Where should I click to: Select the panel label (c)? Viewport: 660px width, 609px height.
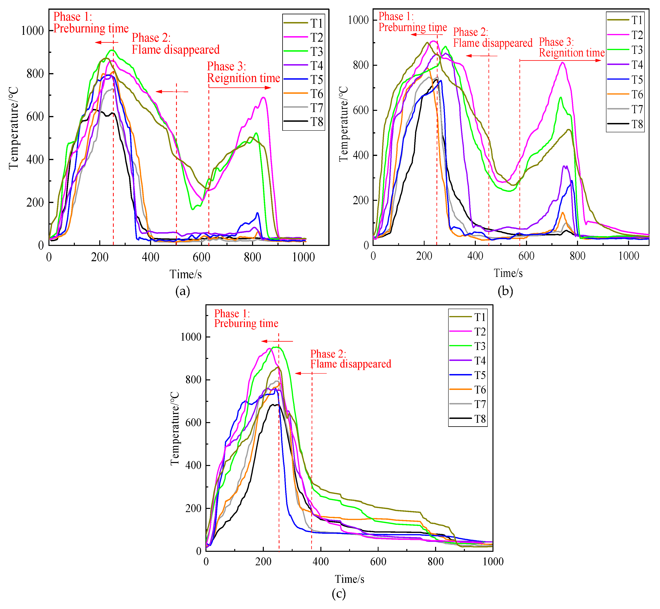(x=339, y=594)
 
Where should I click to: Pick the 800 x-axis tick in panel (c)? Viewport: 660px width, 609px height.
(x=435, y=562)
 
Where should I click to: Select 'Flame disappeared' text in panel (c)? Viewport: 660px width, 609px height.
(x=351, y=364)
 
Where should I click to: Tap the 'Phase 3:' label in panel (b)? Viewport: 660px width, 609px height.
(x=556, y=42)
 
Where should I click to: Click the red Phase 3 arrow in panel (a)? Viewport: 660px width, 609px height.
(x=240, y=88)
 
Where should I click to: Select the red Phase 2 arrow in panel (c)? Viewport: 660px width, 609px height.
(x=311, y=373)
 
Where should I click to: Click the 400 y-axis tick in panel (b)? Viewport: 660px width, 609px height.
(x=361, y=155)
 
